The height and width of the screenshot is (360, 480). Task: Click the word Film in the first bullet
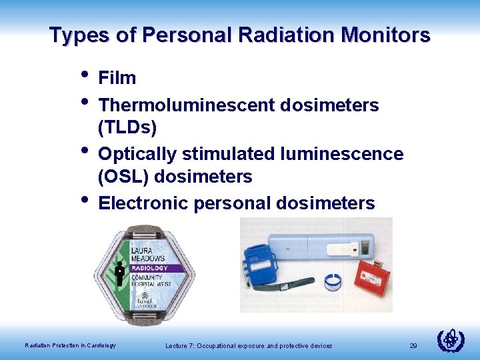click(x=117, y=79)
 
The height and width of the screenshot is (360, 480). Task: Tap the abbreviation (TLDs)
click(x=127, y=127)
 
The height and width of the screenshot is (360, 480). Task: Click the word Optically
click(x=137, y=155)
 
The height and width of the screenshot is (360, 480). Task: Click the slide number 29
click(x=413, y=346)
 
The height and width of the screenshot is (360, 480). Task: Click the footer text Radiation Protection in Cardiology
click(x=70, y=345)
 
